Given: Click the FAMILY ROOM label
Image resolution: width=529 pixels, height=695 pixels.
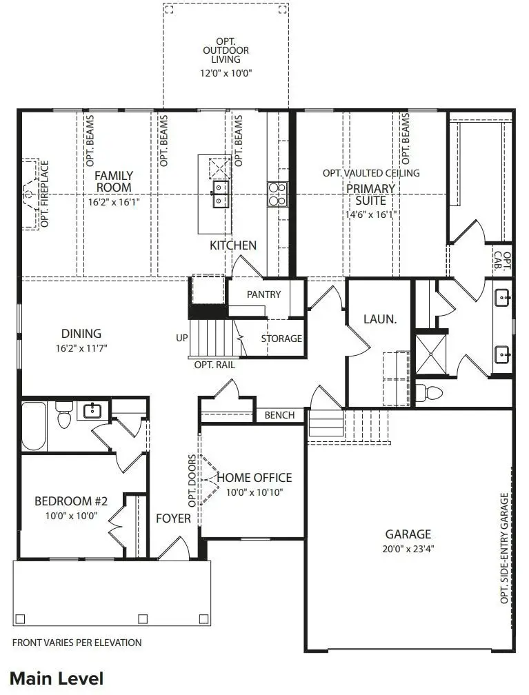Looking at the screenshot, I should [x=114, y=181].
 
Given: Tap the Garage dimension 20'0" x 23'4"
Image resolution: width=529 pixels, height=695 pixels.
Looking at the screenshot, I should [x=408, y=549].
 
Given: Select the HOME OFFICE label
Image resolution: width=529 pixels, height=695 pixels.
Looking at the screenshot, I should [x=254, y=477].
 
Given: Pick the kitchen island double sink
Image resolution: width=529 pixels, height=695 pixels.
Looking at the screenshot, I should [x=220, y=194].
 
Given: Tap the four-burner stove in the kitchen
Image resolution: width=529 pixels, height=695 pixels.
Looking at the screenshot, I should [x=277, y=194].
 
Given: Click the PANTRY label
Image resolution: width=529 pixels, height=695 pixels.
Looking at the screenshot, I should [x=263, y=294].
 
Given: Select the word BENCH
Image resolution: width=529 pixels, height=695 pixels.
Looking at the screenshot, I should [x=279, y=415].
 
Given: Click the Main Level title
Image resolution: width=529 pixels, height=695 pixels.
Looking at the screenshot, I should [x=57, y=678].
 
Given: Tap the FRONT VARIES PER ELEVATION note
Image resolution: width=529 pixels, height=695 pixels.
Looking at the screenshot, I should [x=77, y=643].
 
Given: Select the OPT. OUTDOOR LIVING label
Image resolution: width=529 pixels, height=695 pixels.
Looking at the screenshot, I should [x=226, y=50].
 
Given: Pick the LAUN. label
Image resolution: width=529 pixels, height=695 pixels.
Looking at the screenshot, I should [x=379, y=319].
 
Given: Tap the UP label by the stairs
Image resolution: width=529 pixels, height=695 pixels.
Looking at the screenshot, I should [x=182, y=339].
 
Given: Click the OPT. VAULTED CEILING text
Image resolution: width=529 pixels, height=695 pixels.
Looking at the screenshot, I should [x=370, y=173].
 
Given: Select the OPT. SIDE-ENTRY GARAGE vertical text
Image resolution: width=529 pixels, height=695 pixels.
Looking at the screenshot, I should [x=505, y=548].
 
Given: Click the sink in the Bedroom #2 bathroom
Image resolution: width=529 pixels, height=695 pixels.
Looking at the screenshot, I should [x=92, y=411].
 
